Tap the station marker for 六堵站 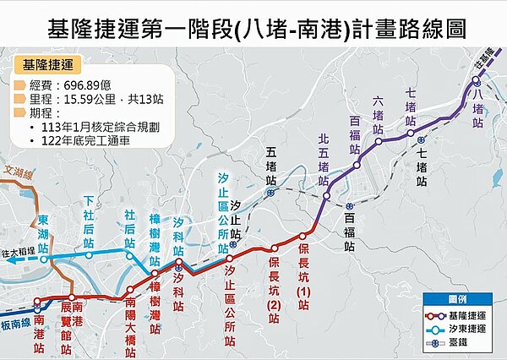point(379,140)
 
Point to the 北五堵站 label point(323,151)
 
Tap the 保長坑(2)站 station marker point(274,248)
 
